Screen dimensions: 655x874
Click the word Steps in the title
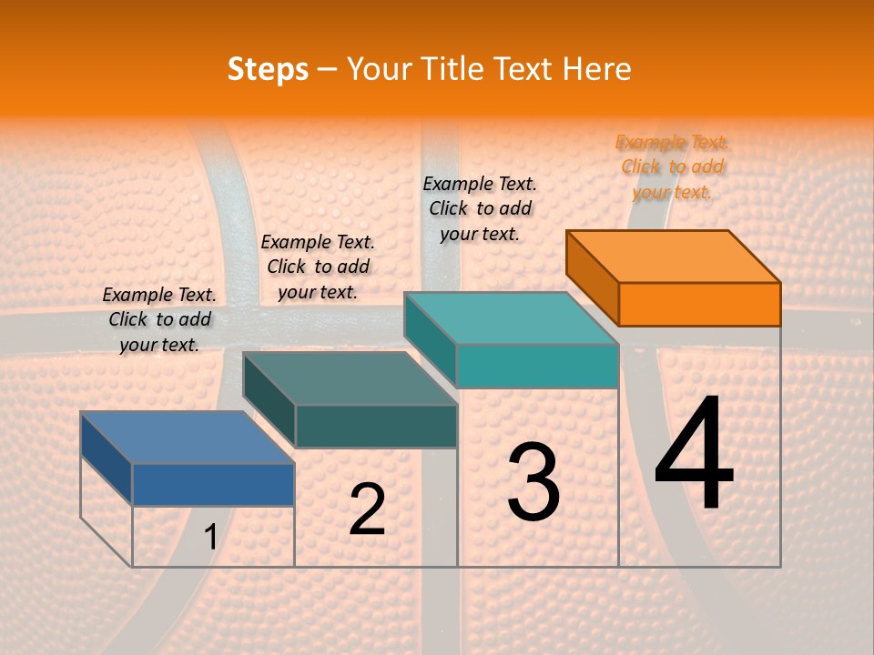pyautogui.click(x=268, y=70)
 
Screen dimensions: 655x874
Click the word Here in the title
pyautogui.click(x=597, y=69)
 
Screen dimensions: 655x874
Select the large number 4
pyautogui.click(x=694, y=455)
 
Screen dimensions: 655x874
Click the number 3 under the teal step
pyautogui.click(x=534, y=482)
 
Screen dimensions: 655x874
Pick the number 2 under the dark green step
pyautogui.click(x=367, y=509)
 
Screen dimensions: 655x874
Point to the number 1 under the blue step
pyautogui.click(x=210, y=538)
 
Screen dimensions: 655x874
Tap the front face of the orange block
pyautogui.click(x=699, y=304)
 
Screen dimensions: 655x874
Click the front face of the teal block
pyautogui.click(x=537, y=366)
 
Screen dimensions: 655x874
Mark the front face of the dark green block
pyautogui.click(x=376, y=426)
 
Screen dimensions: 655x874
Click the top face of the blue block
pyautogui.click(x=188, y=438)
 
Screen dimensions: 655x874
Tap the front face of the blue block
pyautogui.click(x=213, y=484)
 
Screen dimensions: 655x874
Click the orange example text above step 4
pyautogui.click(x=672, y=166)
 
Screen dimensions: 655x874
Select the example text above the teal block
pyautogui.click(x=480, y=208)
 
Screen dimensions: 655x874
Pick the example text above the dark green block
pyautogui.click(x=318, y=267)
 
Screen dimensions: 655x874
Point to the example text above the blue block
pyautogui.click(x=159, y=319)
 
